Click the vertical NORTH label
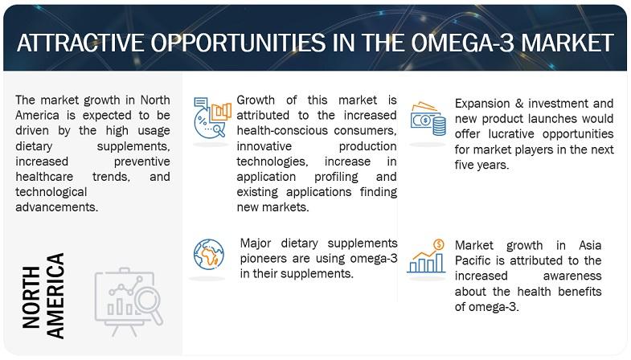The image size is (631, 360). pos(31,297)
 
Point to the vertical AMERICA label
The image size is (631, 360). pos(55,295)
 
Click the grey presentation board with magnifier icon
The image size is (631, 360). pos(129,301)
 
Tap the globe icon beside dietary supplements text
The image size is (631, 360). pos(208,254)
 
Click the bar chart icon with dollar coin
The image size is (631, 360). pos(427,256)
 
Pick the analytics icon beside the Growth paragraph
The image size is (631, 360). pos(212,117)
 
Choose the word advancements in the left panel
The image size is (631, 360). pos(57,207)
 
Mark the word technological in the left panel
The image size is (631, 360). pos(51,192)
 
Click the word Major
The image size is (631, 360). pos(256,243)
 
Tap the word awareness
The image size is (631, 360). pos(572,276)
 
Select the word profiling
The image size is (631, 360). pos(336,177)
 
